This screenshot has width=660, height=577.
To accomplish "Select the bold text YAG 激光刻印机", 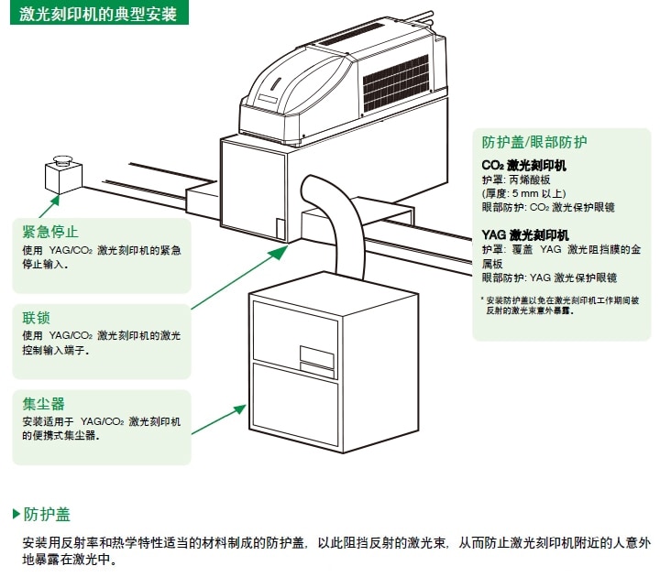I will coord(525,234).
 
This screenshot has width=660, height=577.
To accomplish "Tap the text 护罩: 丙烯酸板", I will coord(518,180).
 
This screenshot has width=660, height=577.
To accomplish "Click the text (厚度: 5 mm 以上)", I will coord(524,194).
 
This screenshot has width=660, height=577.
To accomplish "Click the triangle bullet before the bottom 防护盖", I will coord(16,513).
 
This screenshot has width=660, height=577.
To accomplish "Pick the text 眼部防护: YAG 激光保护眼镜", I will coord(549,278).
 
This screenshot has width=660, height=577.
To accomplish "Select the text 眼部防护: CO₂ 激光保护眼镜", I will coord(549,208).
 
